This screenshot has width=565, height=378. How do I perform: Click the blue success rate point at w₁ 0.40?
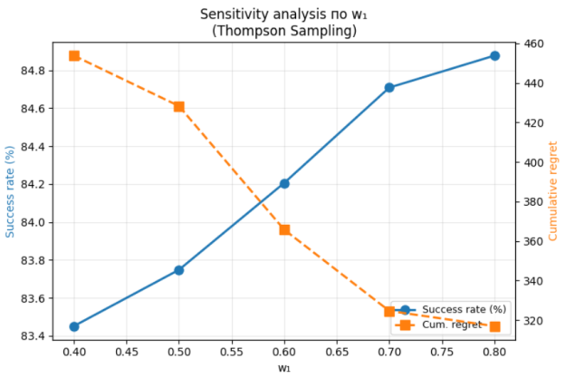(74, 326)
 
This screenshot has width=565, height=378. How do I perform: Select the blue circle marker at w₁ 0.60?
(284, 183)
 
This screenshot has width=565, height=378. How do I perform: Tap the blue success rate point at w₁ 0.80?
(494, 55)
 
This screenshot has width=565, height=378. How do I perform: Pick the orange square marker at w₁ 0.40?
(74, 55)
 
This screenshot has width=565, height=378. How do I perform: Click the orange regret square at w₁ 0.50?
(179, 106)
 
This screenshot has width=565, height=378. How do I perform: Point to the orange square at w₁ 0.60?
(284, 229)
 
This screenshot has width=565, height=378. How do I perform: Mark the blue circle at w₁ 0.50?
(179, 270)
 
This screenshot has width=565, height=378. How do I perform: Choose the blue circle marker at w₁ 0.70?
(389, 88)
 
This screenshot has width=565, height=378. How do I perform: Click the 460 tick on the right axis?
(532, 44)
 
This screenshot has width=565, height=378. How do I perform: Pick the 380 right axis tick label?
(532, 202)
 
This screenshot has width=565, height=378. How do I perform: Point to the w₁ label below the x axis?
(284, 368)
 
